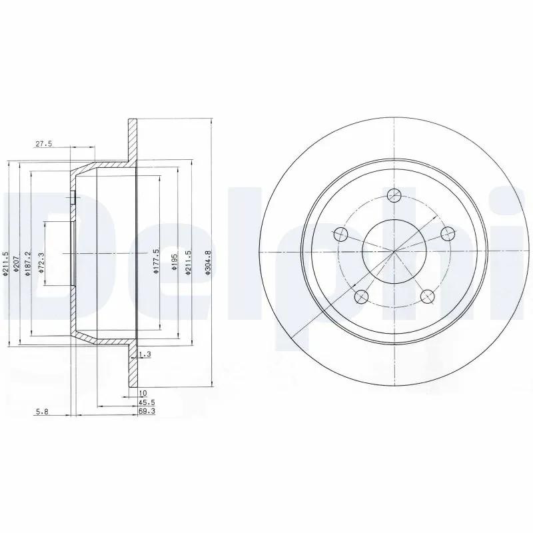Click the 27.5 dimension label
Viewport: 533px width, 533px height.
44,145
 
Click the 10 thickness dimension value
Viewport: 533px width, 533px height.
143,394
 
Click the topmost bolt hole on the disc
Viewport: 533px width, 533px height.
394,195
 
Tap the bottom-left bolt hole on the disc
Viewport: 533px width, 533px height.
362,296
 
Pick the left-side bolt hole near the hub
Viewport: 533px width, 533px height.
340,234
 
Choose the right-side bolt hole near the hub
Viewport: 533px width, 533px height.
448,233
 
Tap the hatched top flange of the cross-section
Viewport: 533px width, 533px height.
132,140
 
